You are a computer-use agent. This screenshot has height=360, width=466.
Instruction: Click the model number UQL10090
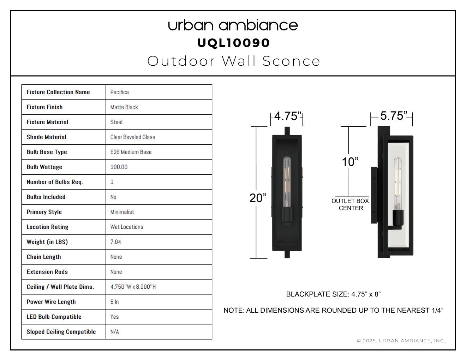[x=233, y=43]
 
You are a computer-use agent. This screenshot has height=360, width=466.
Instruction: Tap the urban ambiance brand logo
[x=233, y=25]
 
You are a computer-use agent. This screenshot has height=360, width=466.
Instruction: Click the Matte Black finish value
[x=124, y=107]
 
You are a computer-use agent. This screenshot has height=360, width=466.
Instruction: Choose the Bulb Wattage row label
[x=44, y=167]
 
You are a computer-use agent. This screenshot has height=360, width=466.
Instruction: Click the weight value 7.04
[x=115, y=242]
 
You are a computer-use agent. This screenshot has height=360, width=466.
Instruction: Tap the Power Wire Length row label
[x=51, y=302]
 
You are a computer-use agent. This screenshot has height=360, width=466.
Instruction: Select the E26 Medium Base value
[x=131, y=152]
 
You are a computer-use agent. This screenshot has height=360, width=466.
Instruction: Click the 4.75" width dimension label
[x=287, y=116]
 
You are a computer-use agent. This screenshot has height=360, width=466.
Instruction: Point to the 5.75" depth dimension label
[x=394, y=116]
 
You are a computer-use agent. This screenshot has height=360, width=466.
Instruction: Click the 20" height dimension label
[x=258, y=198]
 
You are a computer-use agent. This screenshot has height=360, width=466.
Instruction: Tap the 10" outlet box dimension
[x=350, y=162]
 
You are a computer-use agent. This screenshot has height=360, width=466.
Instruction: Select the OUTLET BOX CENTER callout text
[x=350, y=205]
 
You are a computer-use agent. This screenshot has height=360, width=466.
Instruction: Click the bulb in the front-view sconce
[x=287, y=182]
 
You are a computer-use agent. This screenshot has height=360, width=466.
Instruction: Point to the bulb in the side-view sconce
[x=398, y=184]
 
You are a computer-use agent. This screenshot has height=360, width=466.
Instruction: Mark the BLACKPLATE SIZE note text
[x=334, y=294]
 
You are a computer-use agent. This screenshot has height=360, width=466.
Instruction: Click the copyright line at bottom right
[x=401, y=341]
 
